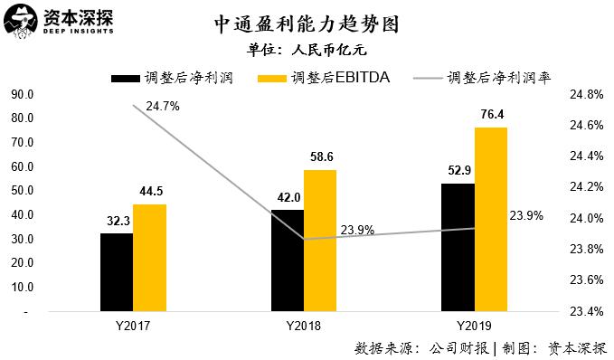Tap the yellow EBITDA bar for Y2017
pos(149,257)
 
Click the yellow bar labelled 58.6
pos(320,240)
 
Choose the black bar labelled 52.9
pos(457,247)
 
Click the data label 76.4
pos(490,115)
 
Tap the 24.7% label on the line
pos(163,106)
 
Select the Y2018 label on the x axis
pos(303,325)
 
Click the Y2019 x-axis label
pos(474,325)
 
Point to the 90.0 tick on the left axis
pos(22,94)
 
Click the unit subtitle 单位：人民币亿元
pos(307,51)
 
